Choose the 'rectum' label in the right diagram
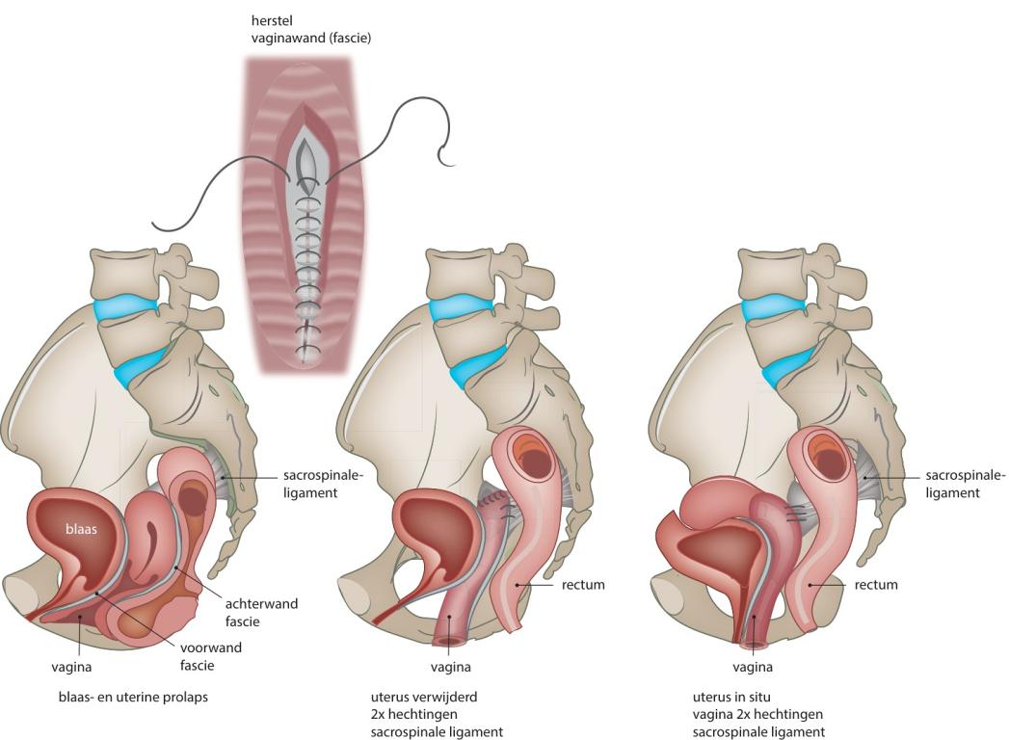point(876,585)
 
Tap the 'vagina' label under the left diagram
point(72,666)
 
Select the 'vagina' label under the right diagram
point(752,666)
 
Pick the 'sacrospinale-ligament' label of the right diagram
point(965,484)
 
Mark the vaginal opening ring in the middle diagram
point(449,640)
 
